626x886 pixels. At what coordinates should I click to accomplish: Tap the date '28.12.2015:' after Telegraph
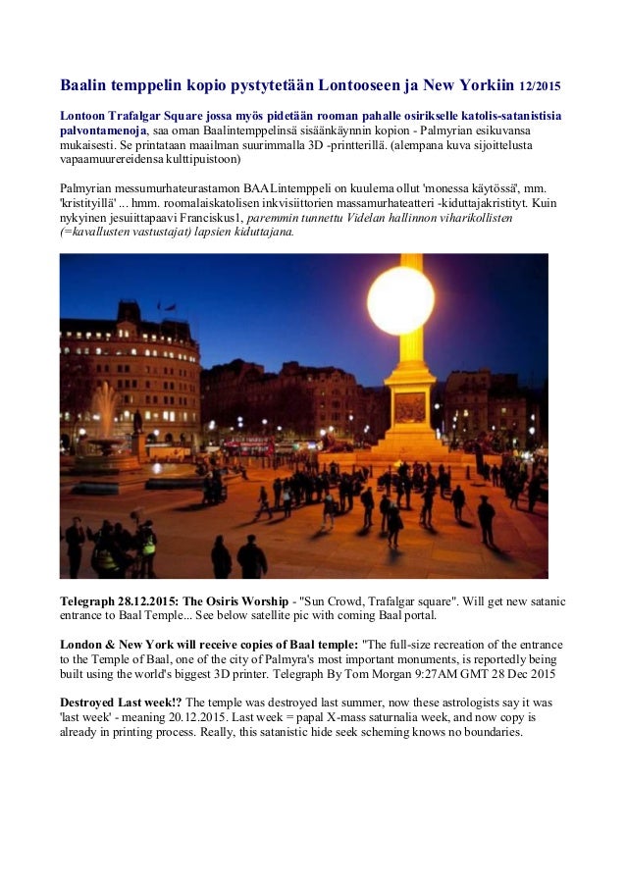pos(155,599)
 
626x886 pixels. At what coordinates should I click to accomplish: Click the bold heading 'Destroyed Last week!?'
pos(121,704)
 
